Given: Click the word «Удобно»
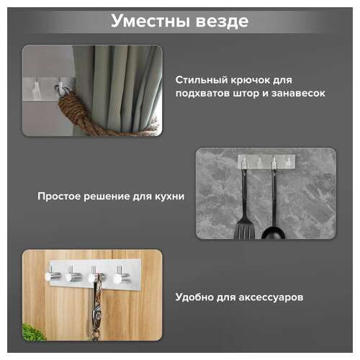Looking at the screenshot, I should click(x=194, y=296).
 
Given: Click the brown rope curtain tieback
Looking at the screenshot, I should click(x=79, y=116).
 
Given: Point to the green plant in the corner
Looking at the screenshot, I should click(x=33, y=332).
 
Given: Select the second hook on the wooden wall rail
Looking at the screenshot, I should click(x=73, y=275).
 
